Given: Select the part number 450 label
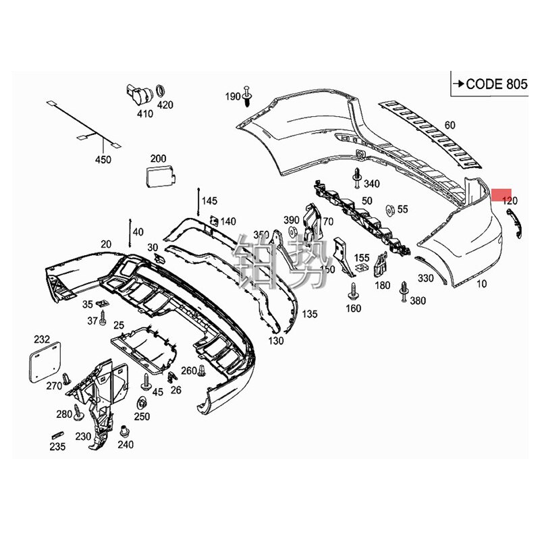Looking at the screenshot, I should tap(103, 160).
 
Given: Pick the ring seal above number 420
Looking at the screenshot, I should tap(162, 91).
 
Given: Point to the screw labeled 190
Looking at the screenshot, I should tap(249, 98).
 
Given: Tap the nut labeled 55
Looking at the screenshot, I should tap(389, 209).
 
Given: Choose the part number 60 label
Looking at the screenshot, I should tap(450, 125).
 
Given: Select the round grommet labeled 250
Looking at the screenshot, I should tap(142, 404).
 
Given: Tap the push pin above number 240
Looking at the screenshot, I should tap(124, 431).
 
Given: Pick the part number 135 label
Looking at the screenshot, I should tap(309, 314).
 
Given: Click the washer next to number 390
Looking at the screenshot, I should tap(292, 232).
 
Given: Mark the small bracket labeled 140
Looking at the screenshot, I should tap(213, 220).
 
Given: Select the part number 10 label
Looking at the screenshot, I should tap(481, 284).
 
